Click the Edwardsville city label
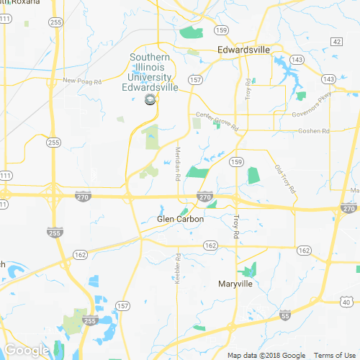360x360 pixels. [x=244, y=50]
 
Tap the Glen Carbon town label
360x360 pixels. [x=181, y=220]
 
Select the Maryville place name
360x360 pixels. [x=235, y=284]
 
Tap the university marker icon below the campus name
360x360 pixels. [x=150, y=100]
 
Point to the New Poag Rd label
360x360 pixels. [x=80, y=80]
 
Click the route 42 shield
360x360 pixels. [x=337, y=42]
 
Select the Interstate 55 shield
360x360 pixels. [x=286, y=315]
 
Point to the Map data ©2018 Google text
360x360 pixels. [x=266, y=356]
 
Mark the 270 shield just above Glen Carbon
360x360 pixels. [x=205, y=197]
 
